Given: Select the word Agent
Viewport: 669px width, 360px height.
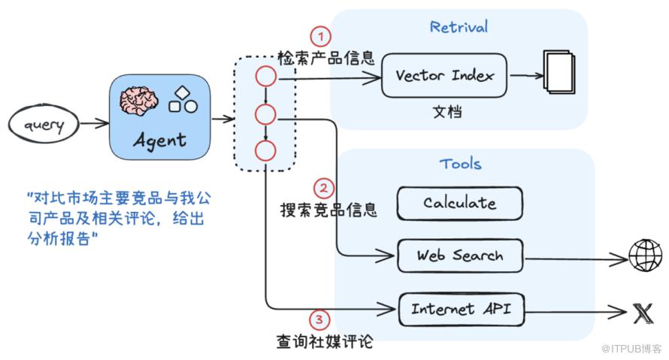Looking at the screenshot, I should tap(159, 139).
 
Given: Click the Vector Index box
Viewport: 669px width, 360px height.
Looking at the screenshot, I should tap(444, 75).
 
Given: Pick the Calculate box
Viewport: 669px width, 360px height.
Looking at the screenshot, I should tap(459, 203).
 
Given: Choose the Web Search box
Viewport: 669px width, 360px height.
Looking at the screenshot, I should tap(459, 256).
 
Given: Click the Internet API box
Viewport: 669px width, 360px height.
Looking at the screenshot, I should tap(459, 308).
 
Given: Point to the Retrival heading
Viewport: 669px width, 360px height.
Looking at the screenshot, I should tap(459, 27).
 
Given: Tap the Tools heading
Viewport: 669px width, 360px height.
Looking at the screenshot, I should tap(460, 163).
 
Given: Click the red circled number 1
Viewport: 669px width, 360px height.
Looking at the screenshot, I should tap(321, 35).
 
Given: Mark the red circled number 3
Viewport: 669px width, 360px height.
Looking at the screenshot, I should tap(321, 320).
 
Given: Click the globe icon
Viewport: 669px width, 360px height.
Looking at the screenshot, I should tap(645, 256).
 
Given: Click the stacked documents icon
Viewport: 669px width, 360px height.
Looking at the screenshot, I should tap(559, 73).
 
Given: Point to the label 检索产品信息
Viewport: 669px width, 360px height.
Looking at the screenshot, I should tap(325, 58).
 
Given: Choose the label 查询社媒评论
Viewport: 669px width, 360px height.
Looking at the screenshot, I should tap(324, 342).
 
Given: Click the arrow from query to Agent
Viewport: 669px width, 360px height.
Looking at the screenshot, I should tap(93, 123).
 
